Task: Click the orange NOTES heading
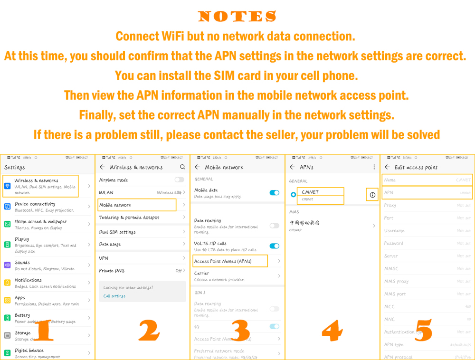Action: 237,17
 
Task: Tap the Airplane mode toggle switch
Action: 179,180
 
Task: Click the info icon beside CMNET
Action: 372,195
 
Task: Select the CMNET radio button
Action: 293,195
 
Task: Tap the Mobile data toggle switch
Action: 274,192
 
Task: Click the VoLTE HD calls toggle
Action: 274,246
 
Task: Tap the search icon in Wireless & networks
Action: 182,167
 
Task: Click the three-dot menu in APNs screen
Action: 374,167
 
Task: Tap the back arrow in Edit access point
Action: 387,167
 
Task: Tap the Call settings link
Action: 114,296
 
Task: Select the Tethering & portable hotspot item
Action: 129,218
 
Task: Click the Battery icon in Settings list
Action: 7,318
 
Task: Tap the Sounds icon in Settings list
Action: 7,265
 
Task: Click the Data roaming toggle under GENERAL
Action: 274,226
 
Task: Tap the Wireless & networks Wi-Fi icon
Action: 7,186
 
